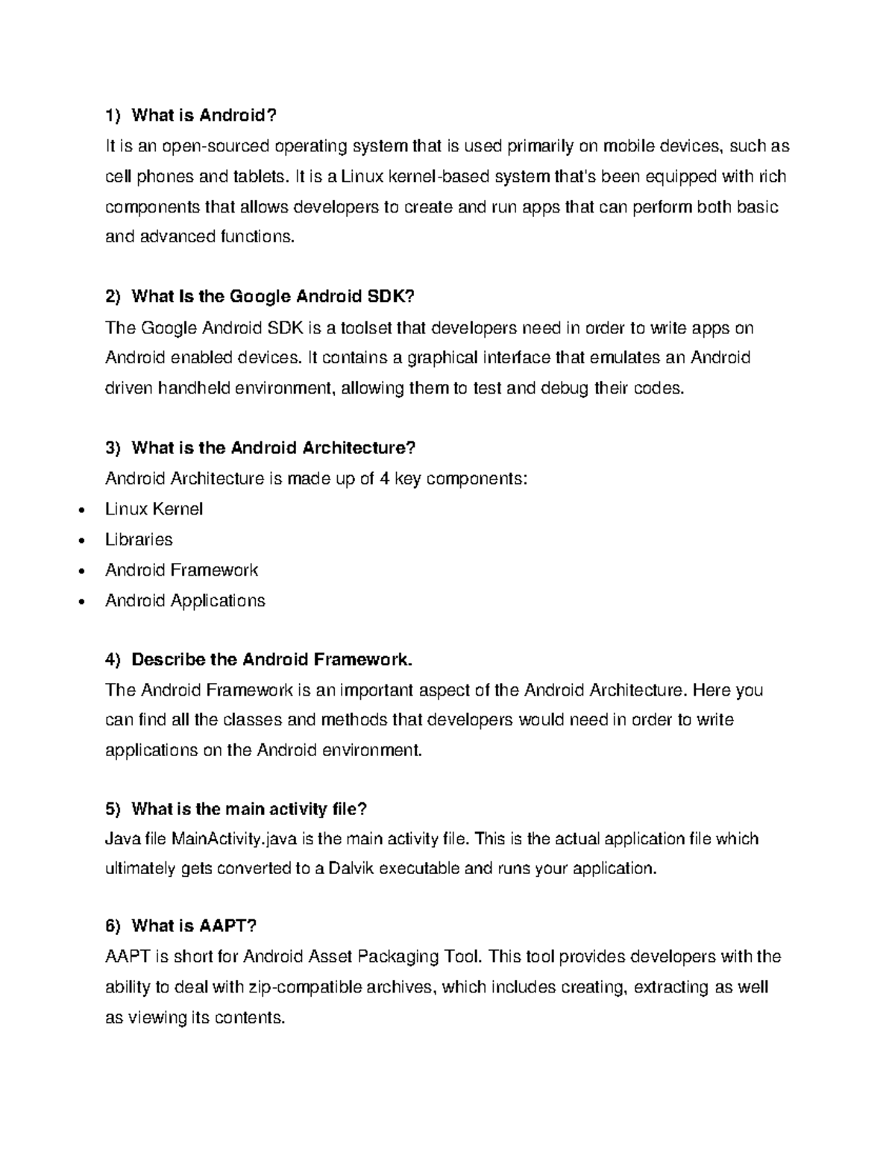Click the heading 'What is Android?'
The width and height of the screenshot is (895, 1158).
tap(204, 115)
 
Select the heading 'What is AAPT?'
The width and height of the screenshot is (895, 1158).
tap(193, 926)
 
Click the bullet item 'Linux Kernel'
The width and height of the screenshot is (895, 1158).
tap(154, 509)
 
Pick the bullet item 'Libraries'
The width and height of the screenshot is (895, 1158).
tap(139, 540)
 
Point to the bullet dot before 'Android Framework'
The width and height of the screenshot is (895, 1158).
tap(81, 572)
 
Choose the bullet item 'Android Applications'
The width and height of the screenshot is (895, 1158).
tap(185, 601)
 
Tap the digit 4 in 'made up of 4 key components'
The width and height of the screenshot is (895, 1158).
tap(384, 479)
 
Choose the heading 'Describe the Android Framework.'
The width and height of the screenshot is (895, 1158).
tap(271, 660)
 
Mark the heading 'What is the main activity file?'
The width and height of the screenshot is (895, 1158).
tap(249, 809)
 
